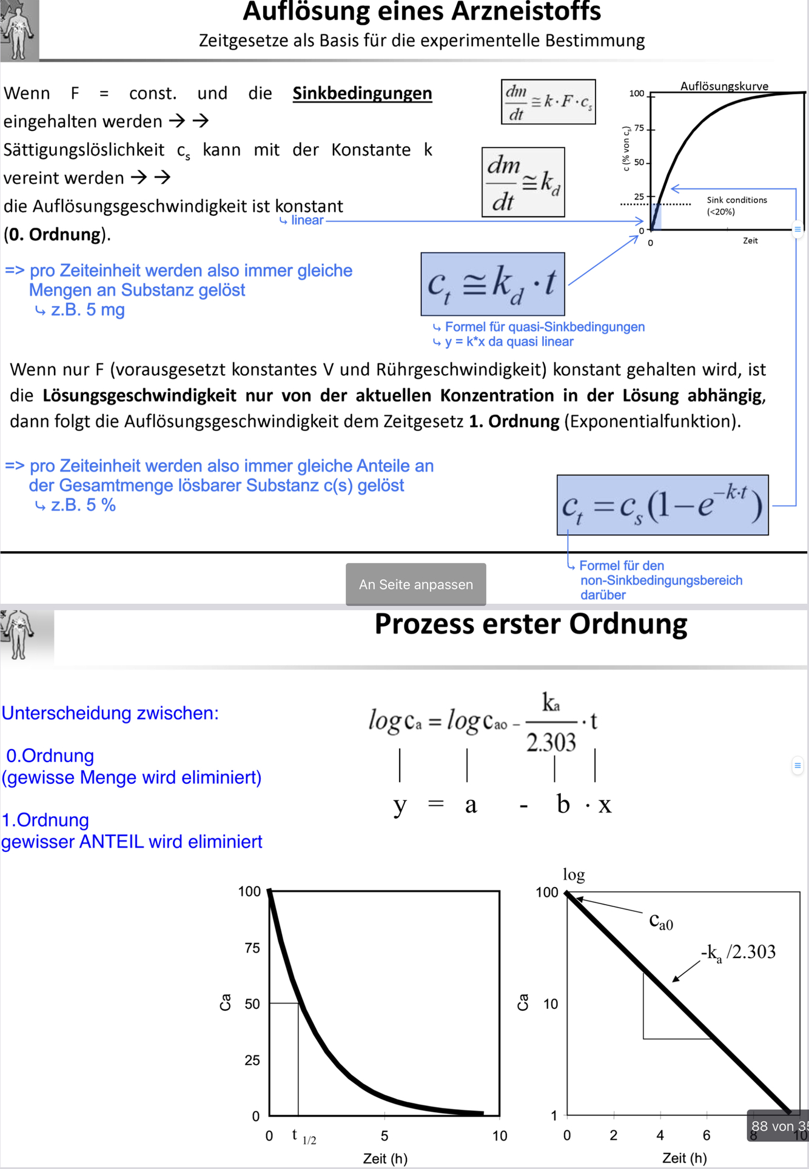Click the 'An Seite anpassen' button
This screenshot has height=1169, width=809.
pos(415,584)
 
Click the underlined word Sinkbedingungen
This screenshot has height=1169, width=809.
pos(362,93)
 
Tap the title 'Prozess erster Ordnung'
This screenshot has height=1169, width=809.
pos(531,624)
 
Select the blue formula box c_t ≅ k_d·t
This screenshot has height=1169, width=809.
pos(492,284)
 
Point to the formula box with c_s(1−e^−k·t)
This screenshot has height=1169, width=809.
pos(662,505)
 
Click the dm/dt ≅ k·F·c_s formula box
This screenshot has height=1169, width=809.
pos(548,102)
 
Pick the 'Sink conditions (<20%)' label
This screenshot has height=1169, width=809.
pos(736,206)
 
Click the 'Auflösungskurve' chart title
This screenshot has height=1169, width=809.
pos(724,86)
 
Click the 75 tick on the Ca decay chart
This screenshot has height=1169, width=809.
pos(252,948)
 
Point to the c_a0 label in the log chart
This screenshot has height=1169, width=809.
pos(660,921)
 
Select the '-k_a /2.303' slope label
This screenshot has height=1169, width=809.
pos(738,952)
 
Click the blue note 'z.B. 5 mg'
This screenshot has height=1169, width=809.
pos(87,310)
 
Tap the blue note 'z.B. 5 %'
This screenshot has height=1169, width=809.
pos(82,505)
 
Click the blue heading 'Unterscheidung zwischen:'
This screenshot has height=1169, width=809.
pos(110,713)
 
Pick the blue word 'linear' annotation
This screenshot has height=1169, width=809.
pos(307,220)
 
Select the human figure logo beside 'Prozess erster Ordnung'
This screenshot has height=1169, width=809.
pos(18,634)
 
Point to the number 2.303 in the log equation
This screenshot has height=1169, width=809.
pos(551,742)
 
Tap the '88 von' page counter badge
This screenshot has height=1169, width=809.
pos(779,1126)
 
